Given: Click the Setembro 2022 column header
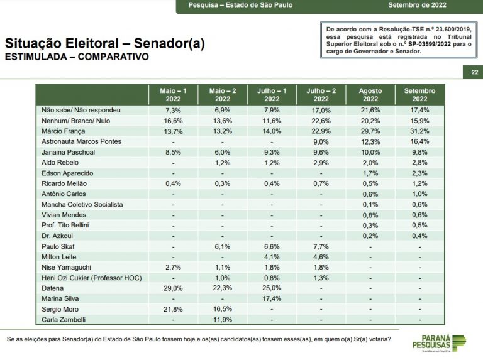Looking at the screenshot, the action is click(419, 95).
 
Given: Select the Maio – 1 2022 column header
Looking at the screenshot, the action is click(173, 95).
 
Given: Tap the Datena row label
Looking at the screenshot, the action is click(53, 288).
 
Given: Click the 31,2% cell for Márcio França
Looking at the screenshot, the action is click(419, 131).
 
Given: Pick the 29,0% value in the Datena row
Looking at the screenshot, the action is click(173, 288).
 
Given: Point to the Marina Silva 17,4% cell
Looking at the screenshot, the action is click(272, 298).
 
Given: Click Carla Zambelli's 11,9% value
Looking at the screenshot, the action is click(223, 320).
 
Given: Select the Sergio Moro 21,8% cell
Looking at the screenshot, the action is click(173, 309).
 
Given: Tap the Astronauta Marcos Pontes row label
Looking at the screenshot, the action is click(81, 141).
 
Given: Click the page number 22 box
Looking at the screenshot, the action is click(475, 72).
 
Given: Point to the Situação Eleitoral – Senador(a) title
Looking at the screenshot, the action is click(105, 43).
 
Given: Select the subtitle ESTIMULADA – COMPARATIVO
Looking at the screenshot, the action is click(77, 57).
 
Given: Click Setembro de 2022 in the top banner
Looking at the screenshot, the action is click(417, 5).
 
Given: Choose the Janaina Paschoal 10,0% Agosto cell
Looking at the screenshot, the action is click(370, 152).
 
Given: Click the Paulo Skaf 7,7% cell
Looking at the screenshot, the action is click(321, 246).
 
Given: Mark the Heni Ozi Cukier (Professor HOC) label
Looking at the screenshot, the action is click(91, 278).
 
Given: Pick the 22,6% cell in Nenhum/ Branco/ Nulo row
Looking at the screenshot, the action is click(321, 121).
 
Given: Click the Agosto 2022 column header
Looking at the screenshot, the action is click(370, 95).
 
